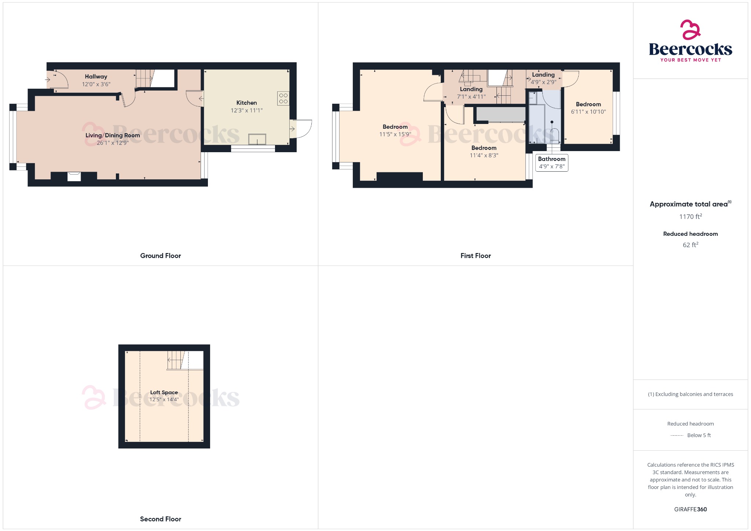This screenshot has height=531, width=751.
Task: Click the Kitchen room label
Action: point(246,103)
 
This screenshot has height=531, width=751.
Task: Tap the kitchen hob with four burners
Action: point(283,98)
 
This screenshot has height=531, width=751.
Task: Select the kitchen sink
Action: point(257,139)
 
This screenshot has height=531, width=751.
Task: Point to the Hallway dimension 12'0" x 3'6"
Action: point(96,84)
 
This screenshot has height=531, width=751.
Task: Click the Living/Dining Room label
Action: point(113,135)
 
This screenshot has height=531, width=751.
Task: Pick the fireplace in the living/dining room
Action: point(74,176)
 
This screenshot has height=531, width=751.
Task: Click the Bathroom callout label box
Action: point(552,162)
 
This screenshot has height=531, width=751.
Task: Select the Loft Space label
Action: point(164,392)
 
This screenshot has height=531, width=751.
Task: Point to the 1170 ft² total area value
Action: point(690,217)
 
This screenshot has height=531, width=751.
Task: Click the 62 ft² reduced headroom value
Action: point(690,245)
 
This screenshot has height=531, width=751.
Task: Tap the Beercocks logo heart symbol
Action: point(690,29)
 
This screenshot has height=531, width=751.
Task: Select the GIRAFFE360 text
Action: point(690,509)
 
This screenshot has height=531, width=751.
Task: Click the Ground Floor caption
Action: point(161,256)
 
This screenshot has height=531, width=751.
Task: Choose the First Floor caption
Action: point(476,256)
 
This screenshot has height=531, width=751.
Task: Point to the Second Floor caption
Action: point(161,519)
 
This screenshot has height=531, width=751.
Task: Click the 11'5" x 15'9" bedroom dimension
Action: point(395,135)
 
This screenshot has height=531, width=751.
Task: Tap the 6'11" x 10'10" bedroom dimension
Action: point(588,112)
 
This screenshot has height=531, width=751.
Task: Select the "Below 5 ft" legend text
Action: point(699,435)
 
